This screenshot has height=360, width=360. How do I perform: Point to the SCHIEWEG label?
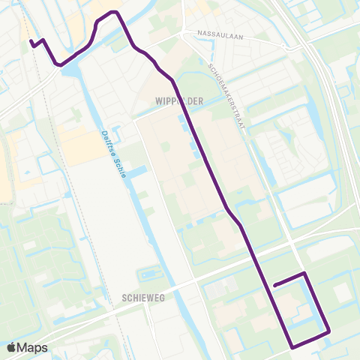(x=140, y=298)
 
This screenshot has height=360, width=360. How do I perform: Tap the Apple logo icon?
(x=11, y=347)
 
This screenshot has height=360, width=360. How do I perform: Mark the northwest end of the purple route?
(x=31, y=43)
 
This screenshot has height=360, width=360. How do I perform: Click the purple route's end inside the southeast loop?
(x=275, y=285)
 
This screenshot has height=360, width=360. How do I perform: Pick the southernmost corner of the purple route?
(x=292, y=346)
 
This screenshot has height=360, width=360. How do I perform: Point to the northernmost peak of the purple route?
(x=113, y=12)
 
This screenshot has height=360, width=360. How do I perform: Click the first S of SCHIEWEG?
(x=122, y=298)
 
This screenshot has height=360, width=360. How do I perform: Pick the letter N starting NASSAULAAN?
(x=199, y=34)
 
